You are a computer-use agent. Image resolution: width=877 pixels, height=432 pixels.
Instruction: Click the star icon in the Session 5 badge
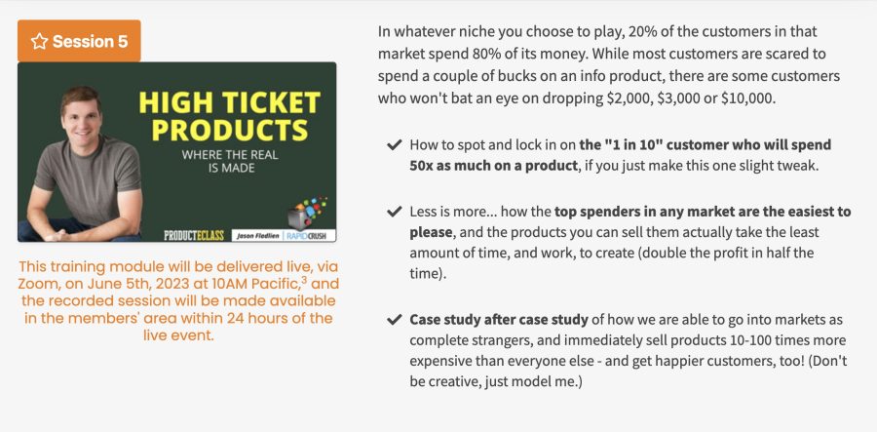(x=39, y=41)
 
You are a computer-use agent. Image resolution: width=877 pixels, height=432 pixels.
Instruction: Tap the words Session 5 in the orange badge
(x=90, y=41)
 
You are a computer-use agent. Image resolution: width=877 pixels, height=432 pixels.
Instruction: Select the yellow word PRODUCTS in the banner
(x=229, y=130)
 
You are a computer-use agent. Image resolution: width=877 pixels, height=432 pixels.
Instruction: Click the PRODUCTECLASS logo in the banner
(x=194, y=235)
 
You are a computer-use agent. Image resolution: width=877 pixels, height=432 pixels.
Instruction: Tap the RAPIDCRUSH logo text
(x=311, y=236)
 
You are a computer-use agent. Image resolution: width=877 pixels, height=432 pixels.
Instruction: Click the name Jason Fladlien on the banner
(x=258, y=236)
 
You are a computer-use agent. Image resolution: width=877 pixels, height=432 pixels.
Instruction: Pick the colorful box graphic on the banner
(x=306, y=212)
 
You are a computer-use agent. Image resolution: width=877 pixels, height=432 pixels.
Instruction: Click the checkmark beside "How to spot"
(x=395, y=145)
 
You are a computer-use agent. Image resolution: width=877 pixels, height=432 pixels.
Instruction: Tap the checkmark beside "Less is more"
(x=395, y=212)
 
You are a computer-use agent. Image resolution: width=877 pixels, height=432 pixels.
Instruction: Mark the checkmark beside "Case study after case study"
(x=395, y=320)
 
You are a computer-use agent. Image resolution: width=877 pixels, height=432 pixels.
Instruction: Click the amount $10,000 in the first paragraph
(x=747, y=98)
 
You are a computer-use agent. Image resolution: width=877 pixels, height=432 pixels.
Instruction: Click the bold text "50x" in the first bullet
(x=422, y=166)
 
